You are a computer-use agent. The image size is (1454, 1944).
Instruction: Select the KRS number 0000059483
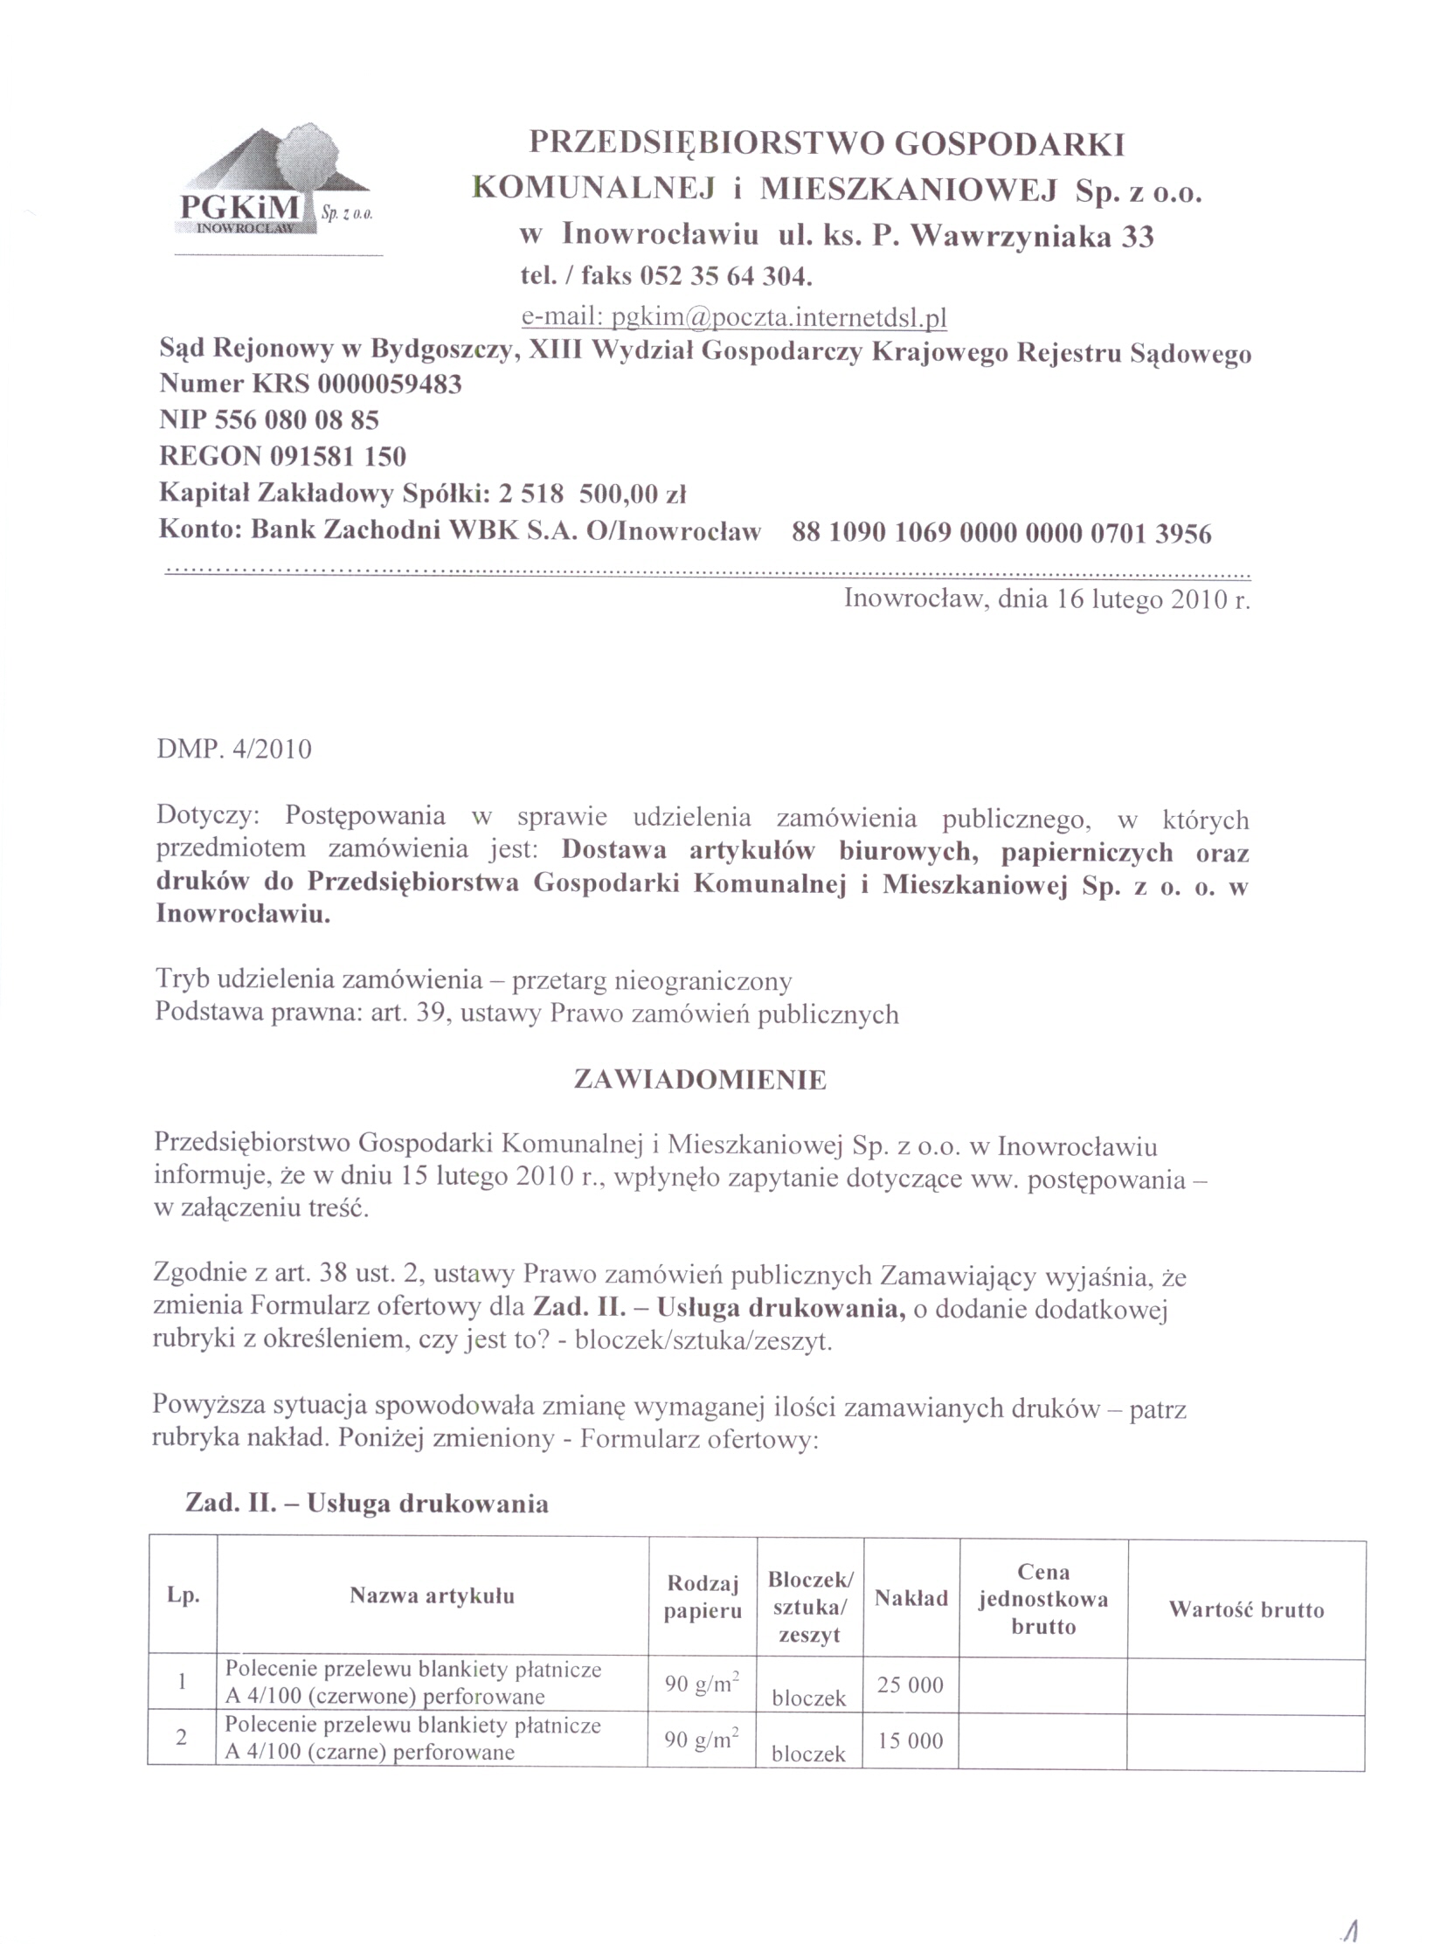click(x=390, y=384)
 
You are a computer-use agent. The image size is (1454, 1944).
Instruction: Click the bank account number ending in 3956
click(x=1001, y=533)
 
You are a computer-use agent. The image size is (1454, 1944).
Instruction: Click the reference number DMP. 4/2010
click(x=234, y=750)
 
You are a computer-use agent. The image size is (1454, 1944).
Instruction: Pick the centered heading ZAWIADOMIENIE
click(x=700, y=1079)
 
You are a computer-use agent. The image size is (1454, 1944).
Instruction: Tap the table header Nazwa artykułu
click(x=432, y=1595)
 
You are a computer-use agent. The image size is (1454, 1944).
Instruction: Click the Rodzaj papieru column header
click(x=703, y=1597)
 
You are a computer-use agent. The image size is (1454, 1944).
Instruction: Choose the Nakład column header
click(x=910, y=1598)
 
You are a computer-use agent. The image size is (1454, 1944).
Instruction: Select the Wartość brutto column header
click(x=1246, y=1609)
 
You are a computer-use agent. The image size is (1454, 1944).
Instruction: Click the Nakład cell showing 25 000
click(x=910, y=1685)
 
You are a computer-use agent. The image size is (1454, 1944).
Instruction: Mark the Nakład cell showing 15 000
click(x=910, y=1741)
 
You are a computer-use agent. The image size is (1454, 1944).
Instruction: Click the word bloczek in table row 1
click(x=809, y=1698)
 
